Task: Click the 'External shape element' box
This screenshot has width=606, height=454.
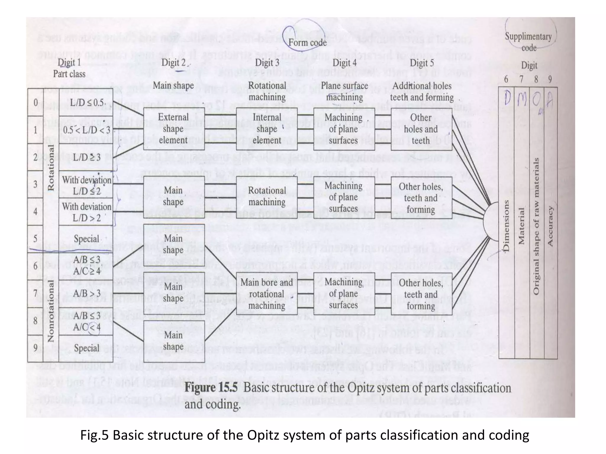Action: [x=174, y=129]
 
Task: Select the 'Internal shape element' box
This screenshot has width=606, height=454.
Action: [x=267, y=129]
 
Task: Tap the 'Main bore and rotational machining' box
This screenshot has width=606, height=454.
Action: [x=267, y=294]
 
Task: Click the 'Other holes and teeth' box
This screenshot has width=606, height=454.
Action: [x=421, y=129]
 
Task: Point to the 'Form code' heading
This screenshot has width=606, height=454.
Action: [x=307, y=43]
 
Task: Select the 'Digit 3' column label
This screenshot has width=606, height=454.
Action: [x=267, y=63]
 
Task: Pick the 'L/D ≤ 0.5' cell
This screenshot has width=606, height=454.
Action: [x=86, y=103]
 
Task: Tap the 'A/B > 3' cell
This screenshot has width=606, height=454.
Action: [x=86, y=294]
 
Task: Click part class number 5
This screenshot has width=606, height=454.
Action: [x=35, y=239]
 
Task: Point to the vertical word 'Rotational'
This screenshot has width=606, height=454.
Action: [x=51, y=168]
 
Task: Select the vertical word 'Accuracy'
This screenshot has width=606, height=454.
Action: [x=550, y=226]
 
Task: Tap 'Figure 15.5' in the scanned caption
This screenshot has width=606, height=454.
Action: [x=211, y=388]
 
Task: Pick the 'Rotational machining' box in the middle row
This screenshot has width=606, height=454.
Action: [x=267, y=196]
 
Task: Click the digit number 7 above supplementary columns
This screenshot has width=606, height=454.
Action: [x=521, y=79]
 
